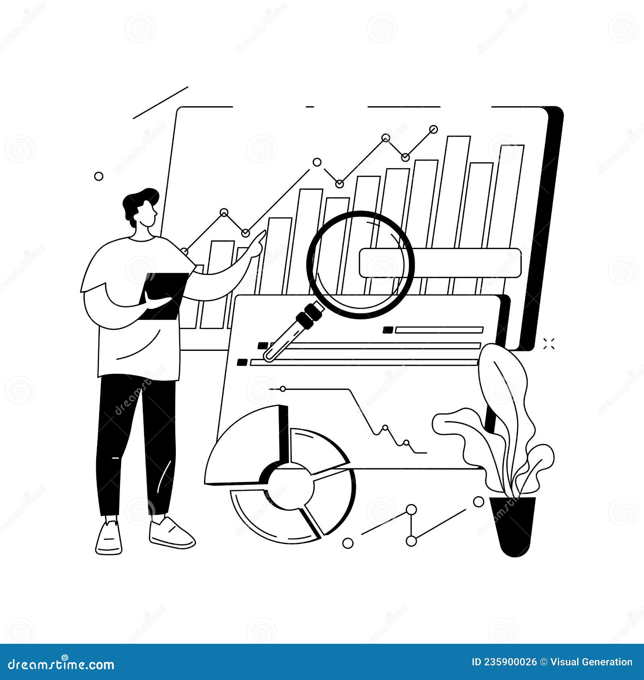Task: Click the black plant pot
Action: point(514,525)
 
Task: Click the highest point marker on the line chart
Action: point(433,129)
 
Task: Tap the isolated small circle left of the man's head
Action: point(99,176)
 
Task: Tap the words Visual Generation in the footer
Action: point(592,662)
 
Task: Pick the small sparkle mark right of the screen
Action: point(549,344)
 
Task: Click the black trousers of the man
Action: point(137,443)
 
